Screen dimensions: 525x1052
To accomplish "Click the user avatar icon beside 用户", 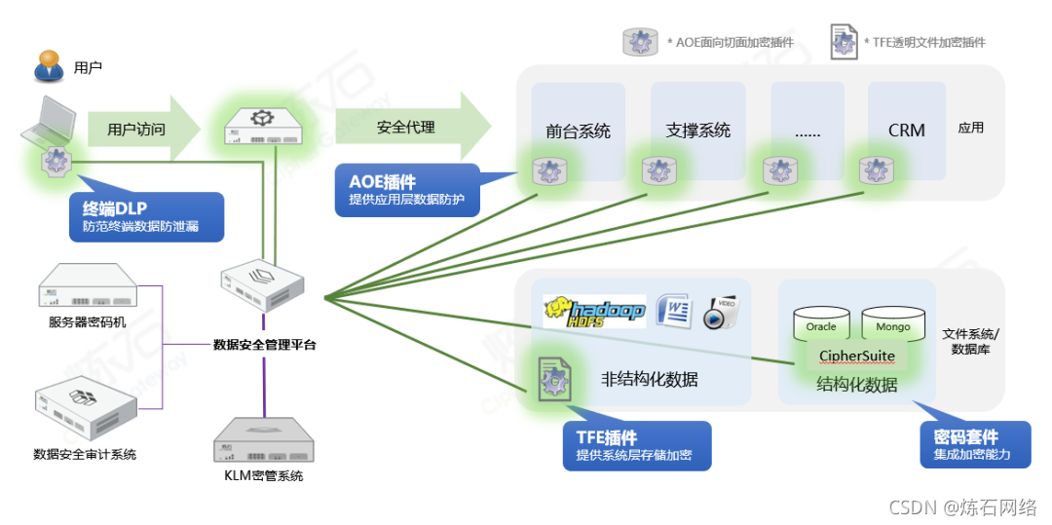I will click(50, 66).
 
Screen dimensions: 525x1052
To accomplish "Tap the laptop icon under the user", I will click(49, 123).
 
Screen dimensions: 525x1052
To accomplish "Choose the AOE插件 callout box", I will click(409, 188).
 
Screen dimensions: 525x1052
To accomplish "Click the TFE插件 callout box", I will click(637, 445).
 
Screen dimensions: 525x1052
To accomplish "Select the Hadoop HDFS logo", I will click(594, 311).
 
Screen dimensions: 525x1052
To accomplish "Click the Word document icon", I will click(673, 311).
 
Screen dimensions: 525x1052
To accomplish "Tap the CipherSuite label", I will click(857, 356).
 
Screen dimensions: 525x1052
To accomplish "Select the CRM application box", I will click(906, 130).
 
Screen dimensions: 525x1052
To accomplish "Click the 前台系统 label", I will click(578, 131).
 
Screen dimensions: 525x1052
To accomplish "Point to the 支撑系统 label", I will click(697, 131).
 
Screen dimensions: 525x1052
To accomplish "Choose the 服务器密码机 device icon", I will click(86, 289).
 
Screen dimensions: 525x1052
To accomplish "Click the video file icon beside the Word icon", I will click(722, 311).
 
